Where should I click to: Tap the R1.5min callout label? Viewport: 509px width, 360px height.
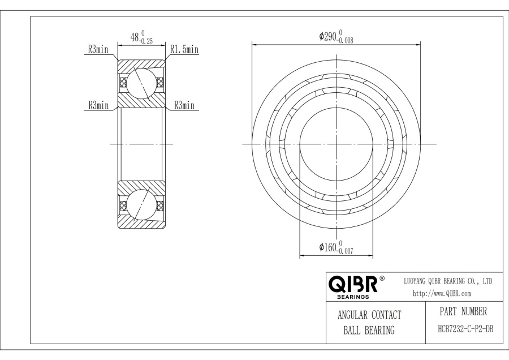[184, 49]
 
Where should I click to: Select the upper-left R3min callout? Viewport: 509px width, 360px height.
[98, 49]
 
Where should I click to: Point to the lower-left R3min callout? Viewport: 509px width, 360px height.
[98, 105]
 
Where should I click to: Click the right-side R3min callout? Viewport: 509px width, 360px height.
[184, 105]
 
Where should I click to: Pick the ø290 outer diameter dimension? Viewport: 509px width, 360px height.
[336, 36]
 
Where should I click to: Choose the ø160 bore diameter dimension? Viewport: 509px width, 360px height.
[336, 247]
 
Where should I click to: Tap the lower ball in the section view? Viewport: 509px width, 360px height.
[141, 205]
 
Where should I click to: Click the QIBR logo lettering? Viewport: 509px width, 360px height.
[353, 284]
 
